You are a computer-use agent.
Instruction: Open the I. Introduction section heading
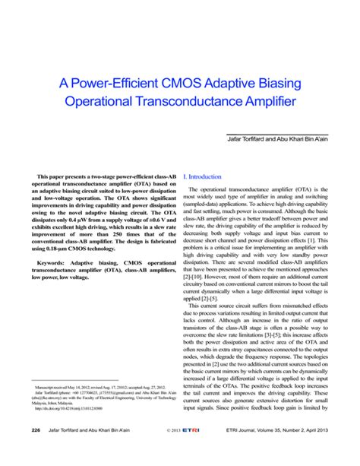(x=202, y=176)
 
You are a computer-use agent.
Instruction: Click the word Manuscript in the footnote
(x=49, y=408)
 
